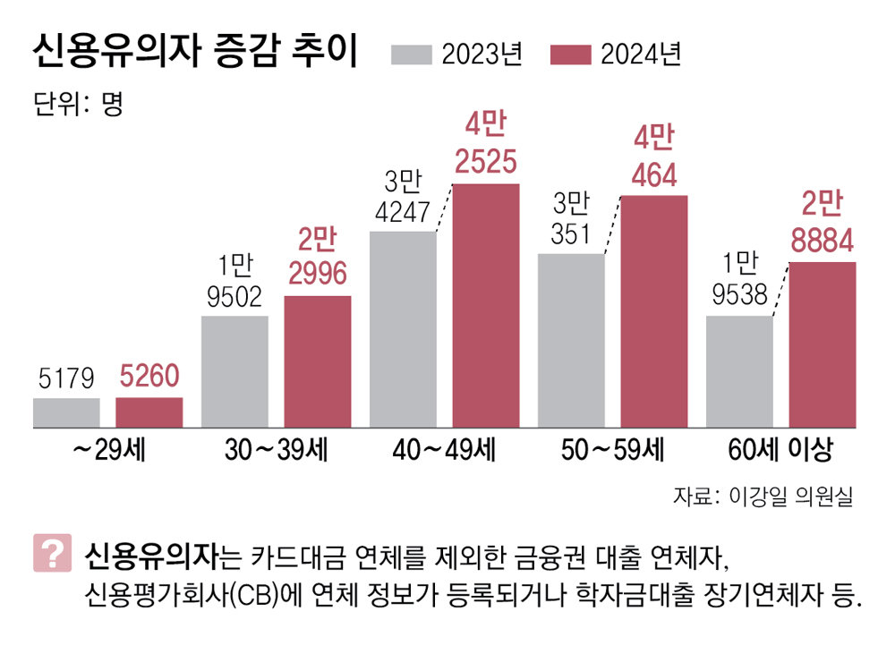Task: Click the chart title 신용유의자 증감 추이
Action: pos(194,54)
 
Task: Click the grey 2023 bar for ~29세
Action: pos(66,412)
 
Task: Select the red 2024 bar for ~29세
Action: pos(149,412)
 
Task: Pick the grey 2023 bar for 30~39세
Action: pos(234,371)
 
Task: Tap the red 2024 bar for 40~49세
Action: pos(486,305)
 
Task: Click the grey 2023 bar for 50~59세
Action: pos(571,340)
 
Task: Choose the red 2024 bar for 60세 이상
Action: pos(823,344)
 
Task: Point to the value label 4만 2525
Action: pos(486,142)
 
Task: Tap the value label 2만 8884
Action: pos(823,224)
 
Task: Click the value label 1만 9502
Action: pos(234,281)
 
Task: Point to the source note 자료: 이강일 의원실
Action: pos(763,497)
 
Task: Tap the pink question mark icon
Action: pos(52,554)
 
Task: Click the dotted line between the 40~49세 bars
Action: pos(445,208)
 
